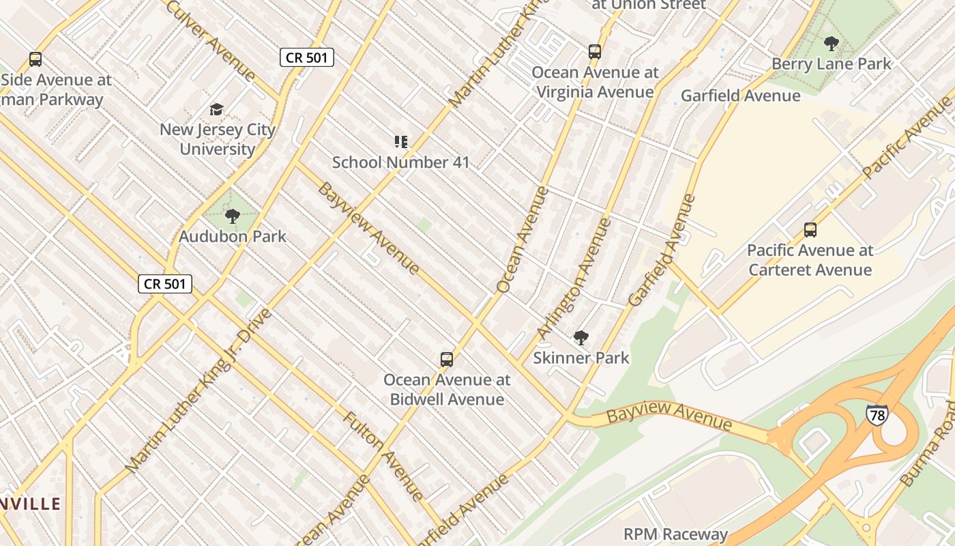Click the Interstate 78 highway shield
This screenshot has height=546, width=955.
pos(877,414)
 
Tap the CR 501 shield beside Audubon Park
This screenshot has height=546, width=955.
pos(165,284)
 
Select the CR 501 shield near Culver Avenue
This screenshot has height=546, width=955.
pos(307,57)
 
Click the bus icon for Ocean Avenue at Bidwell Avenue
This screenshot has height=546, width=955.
pos(447,359)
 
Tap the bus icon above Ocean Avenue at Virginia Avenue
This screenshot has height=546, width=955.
pos(595,51)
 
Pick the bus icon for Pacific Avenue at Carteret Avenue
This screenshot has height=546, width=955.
pos(810,230)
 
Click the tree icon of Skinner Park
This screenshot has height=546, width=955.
pos(581,337)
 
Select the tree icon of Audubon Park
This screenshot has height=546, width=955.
pos(233,216)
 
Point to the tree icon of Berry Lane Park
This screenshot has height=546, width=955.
pos(831,44)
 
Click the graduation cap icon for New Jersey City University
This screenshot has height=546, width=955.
pos(217,109)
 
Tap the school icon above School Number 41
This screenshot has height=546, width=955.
pos(401,142)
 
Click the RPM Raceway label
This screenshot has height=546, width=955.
pos(675,534)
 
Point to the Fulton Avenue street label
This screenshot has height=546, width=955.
pos(384,455)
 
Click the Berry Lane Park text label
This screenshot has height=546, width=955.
pos(831,64)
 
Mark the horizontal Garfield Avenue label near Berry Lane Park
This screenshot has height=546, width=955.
pos(740,96)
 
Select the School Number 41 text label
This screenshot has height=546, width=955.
pos(401,162)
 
